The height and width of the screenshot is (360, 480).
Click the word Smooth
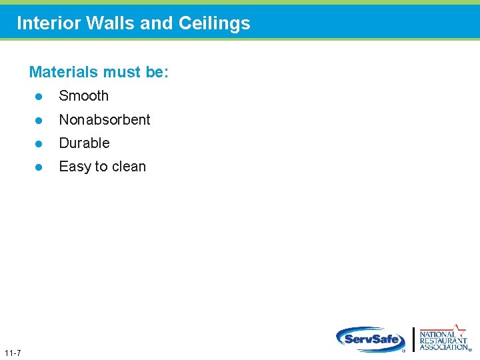[83, 96]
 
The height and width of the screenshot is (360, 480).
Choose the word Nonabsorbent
[105, 120]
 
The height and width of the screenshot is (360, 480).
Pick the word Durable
[84, 143]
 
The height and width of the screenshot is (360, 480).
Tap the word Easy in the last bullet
[74, 167]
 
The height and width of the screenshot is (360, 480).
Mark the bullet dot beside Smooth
[39, 97]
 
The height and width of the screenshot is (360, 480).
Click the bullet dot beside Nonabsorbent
[39, 121]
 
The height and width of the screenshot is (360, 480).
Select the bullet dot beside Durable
[39, 144]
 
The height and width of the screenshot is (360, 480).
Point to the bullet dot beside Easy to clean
[39, 167]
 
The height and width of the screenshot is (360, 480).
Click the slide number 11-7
[12, 352]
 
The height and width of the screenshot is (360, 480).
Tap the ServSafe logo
[370, 339]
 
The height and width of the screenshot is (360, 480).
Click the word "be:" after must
[157, 72]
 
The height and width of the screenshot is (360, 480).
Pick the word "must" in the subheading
[123, 72]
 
